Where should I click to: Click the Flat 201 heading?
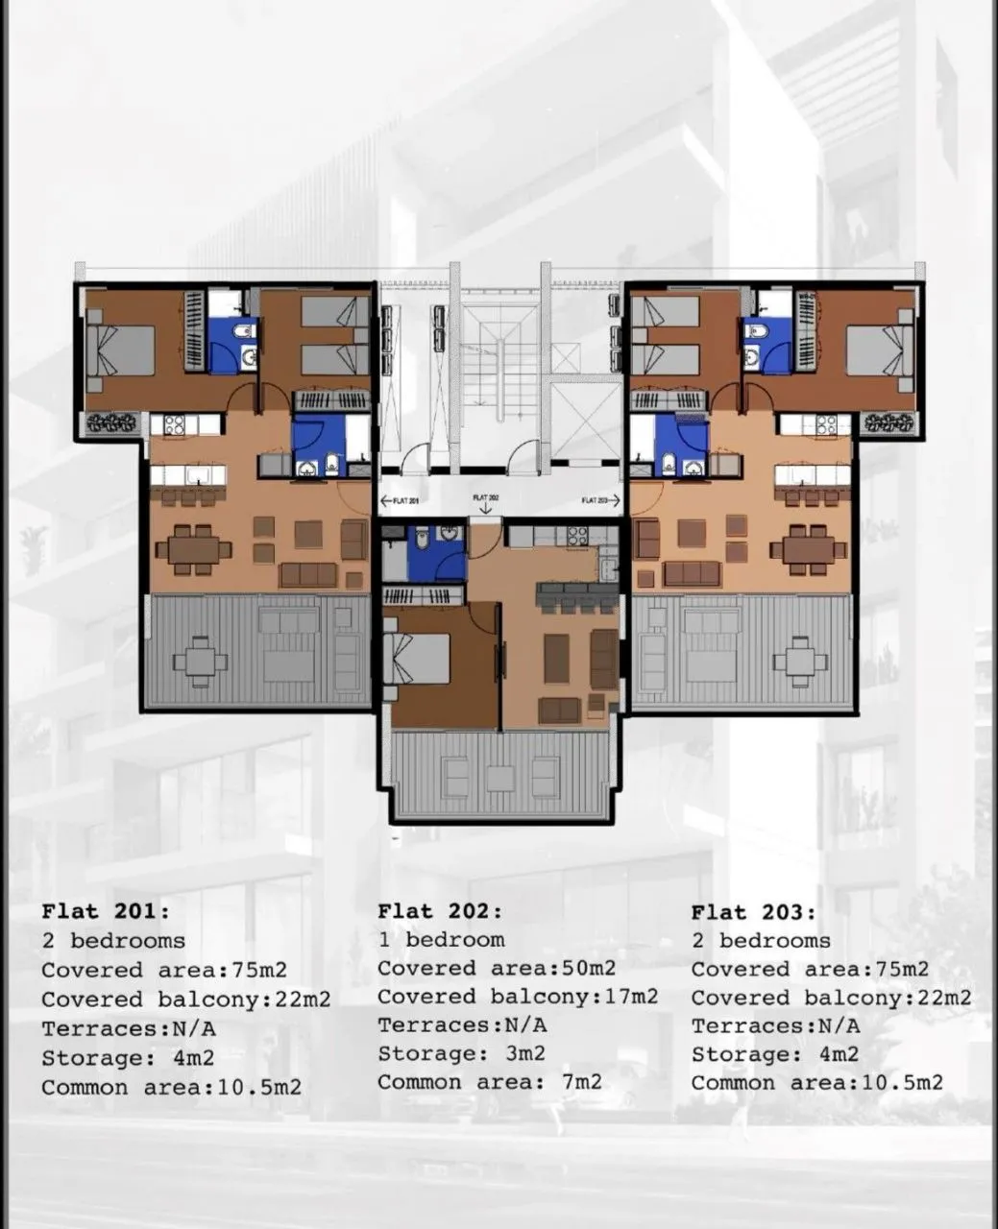click(107, 911)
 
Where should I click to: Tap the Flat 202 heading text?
click(440, 911)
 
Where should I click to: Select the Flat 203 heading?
click(754, 912)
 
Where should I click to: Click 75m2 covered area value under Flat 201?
click(259, 970)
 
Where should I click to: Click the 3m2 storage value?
click(525, 1053)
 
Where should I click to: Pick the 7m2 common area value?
click(582, 1082)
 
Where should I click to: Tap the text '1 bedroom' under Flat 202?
click(442, 940)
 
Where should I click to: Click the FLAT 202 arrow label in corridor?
click(485, 503)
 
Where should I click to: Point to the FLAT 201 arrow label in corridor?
click(400, 501)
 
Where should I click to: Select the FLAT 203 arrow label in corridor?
click(600, 500)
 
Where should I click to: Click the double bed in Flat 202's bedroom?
click(417, 659)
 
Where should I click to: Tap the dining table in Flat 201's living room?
click(194, 549)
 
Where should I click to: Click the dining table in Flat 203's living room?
click(809, 548)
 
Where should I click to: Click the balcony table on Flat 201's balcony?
click(201, 662)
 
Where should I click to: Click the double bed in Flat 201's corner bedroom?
click(121, 351)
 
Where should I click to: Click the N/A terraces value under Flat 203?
click(840, 1026)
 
